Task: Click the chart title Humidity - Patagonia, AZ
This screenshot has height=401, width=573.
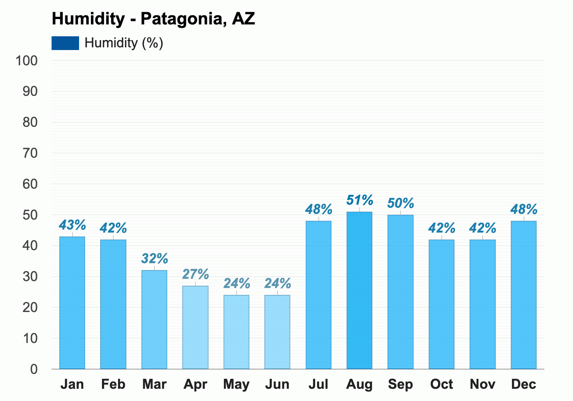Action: (153, 19)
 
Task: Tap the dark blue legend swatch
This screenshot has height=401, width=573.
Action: (65, 43)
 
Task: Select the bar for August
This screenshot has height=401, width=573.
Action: (359, 290)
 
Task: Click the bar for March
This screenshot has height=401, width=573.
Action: (154, 319)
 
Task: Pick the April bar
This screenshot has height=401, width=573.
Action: (195, 327)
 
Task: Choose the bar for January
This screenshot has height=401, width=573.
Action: (72, 302)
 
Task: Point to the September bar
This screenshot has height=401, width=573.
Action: (400, 292)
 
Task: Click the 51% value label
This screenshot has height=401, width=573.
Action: (360, 200)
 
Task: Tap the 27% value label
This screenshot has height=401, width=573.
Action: (196, 274)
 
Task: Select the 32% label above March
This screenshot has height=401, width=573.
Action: (154, 258)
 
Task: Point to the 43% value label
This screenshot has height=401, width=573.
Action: (73, 225)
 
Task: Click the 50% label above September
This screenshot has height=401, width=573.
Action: (401, 203)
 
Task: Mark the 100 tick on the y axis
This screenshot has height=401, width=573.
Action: (27, 61)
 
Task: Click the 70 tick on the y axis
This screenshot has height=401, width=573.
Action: (30, 154)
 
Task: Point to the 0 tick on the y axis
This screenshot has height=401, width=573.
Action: (34, 369)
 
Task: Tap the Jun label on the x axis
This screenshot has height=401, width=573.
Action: (277, 384)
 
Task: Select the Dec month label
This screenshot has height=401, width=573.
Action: (523, 384)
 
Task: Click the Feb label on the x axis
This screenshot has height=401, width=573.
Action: (113, 384)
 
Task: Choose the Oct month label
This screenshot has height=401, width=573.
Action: (442, 384)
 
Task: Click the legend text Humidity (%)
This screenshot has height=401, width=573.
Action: (124, 43)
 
